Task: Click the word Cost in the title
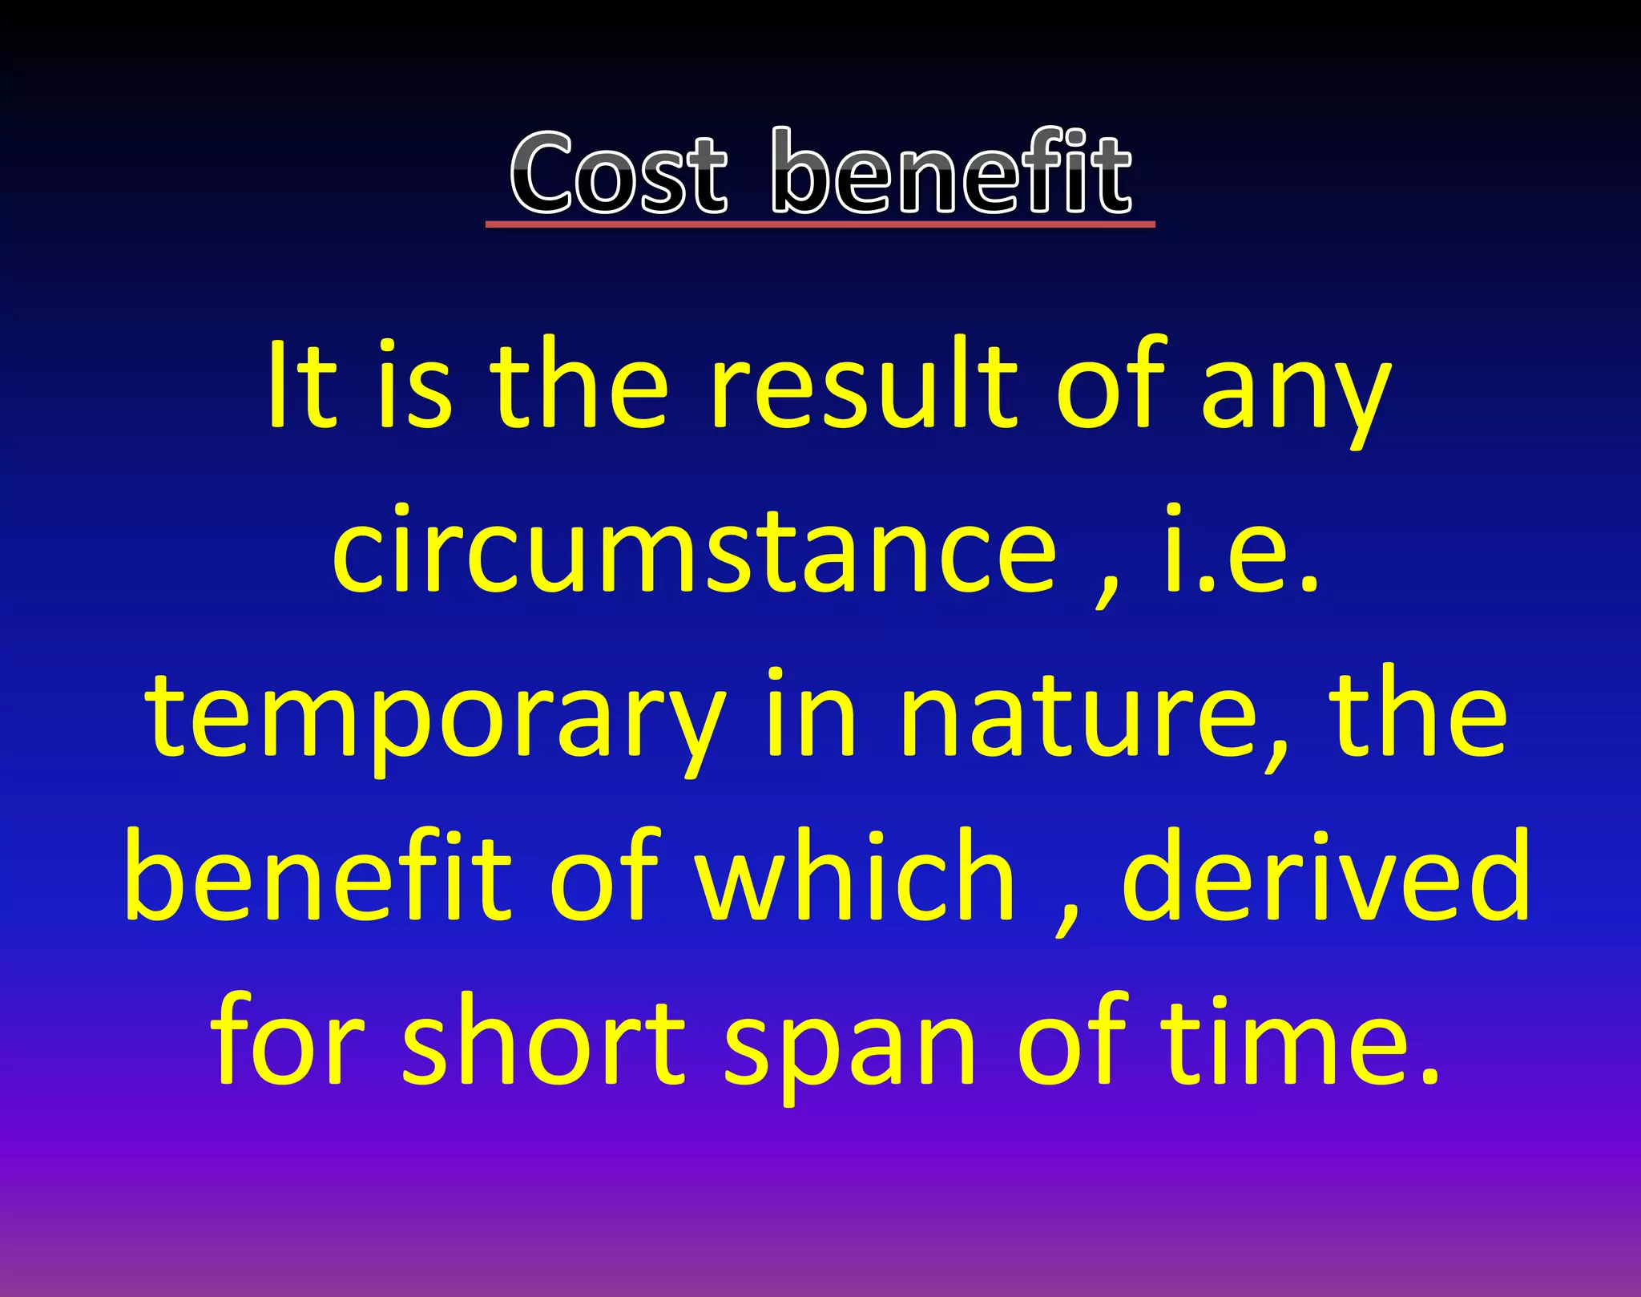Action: pyautogui.click(x=619, y=174)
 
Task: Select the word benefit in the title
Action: pyautogui.click(x=951, y=172)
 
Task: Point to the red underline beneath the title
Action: pyautogui.click(x=820, y=225)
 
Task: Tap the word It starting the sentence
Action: pyautogui.click(x=301, y=385)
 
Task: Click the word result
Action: pyautogui.click(x=864, y=385)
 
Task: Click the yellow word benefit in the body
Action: pyautogui.click(x=318, y=875)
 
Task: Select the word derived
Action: pyautogui.click(x=1325, y=875)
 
